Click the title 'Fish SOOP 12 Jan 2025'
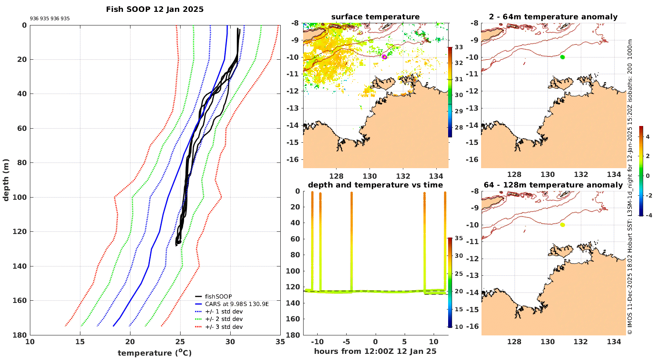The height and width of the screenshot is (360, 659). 155,9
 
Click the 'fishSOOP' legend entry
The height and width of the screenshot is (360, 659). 218,296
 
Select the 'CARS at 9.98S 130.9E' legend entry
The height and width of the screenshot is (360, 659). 237,304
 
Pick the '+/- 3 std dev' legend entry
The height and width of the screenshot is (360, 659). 224,327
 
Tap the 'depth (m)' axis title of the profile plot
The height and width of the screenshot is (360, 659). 6,180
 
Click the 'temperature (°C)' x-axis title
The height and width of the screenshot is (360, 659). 155,353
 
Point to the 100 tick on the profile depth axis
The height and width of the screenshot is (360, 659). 22,197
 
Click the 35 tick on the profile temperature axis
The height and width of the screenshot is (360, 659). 280,342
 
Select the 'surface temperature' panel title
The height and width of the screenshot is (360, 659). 375,17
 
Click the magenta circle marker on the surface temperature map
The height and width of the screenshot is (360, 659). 384,57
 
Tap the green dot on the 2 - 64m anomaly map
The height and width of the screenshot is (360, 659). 562,57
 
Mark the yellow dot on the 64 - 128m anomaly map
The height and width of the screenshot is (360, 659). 562,225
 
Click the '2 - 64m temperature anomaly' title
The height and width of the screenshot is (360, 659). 553,17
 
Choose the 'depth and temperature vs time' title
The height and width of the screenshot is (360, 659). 375,185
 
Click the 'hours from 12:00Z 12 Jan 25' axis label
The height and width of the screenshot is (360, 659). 375,351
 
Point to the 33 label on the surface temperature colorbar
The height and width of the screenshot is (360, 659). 459,47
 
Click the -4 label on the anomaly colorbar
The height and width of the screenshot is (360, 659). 648,215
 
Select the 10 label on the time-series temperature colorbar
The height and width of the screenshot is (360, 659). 459,327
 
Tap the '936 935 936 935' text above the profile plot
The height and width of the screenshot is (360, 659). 50,19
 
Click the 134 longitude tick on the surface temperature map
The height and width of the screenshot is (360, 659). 436,176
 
